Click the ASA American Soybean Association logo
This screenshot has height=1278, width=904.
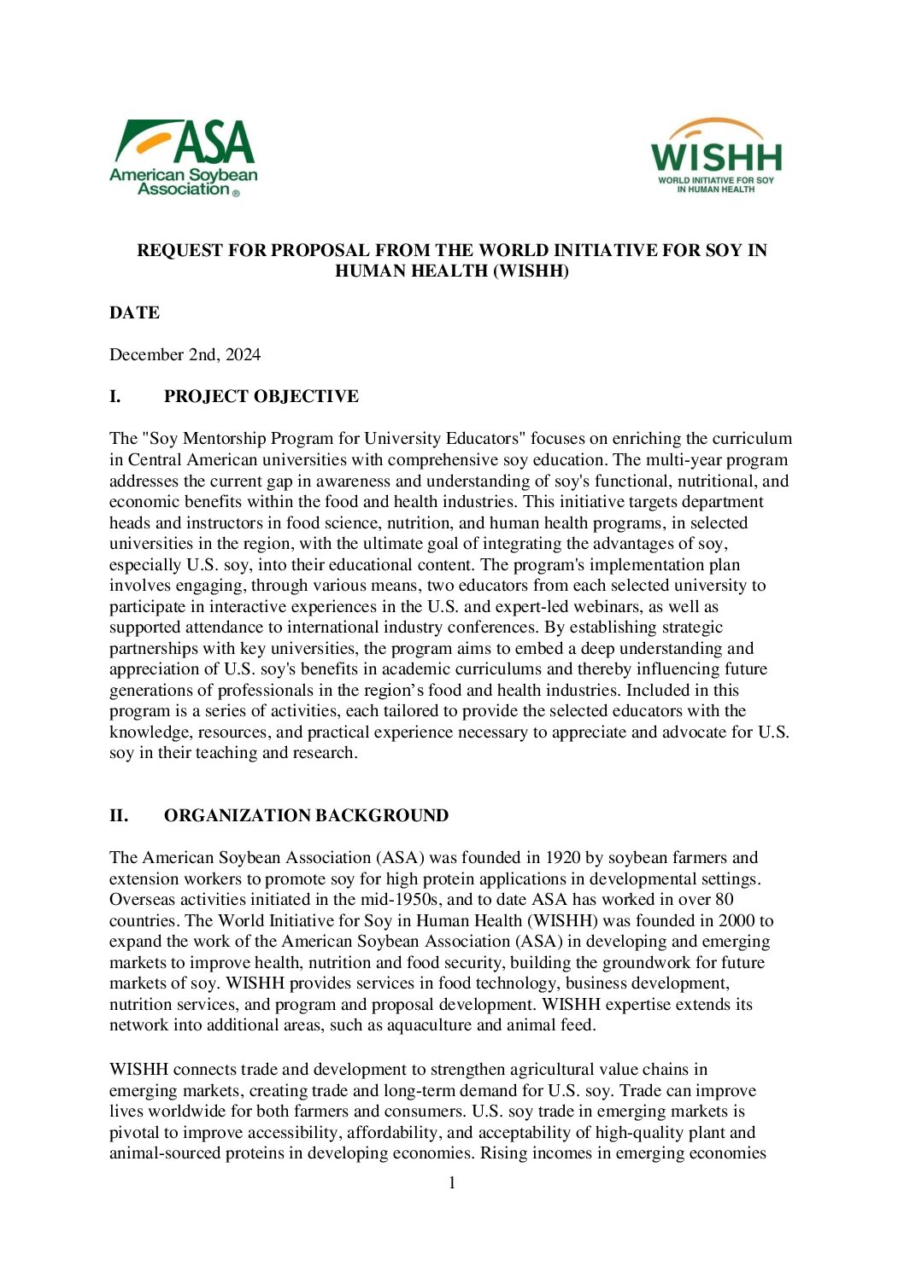[x=183, y=158]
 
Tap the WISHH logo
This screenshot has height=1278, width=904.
[x=716, y=156]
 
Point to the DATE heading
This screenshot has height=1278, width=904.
[x=134, y=313]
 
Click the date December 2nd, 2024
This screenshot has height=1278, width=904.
[x=185, y=355]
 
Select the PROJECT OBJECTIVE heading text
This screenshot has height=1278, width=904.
[x=261, y=397]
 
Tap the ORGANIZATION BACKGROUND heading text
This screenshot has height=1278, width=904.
[x=306, y=816]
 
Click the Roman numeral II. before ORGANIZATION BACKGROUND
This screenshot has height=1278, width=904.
[x=119, y=816]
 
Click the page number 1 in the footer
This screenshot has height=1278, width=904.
[x=452, y=1183]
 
